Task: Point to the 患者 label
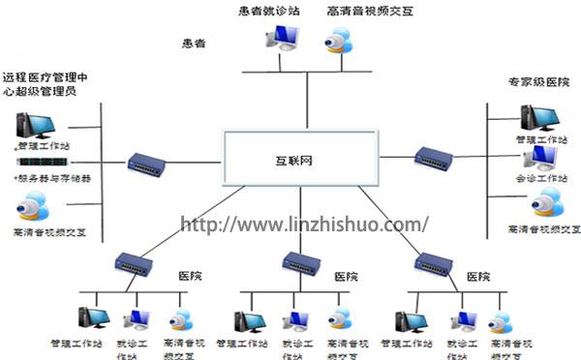tap(194, 44)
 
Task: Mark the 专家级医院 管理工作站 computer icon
tap(536, 117)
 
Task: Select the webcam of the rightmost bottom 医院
tap(500, 320)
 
